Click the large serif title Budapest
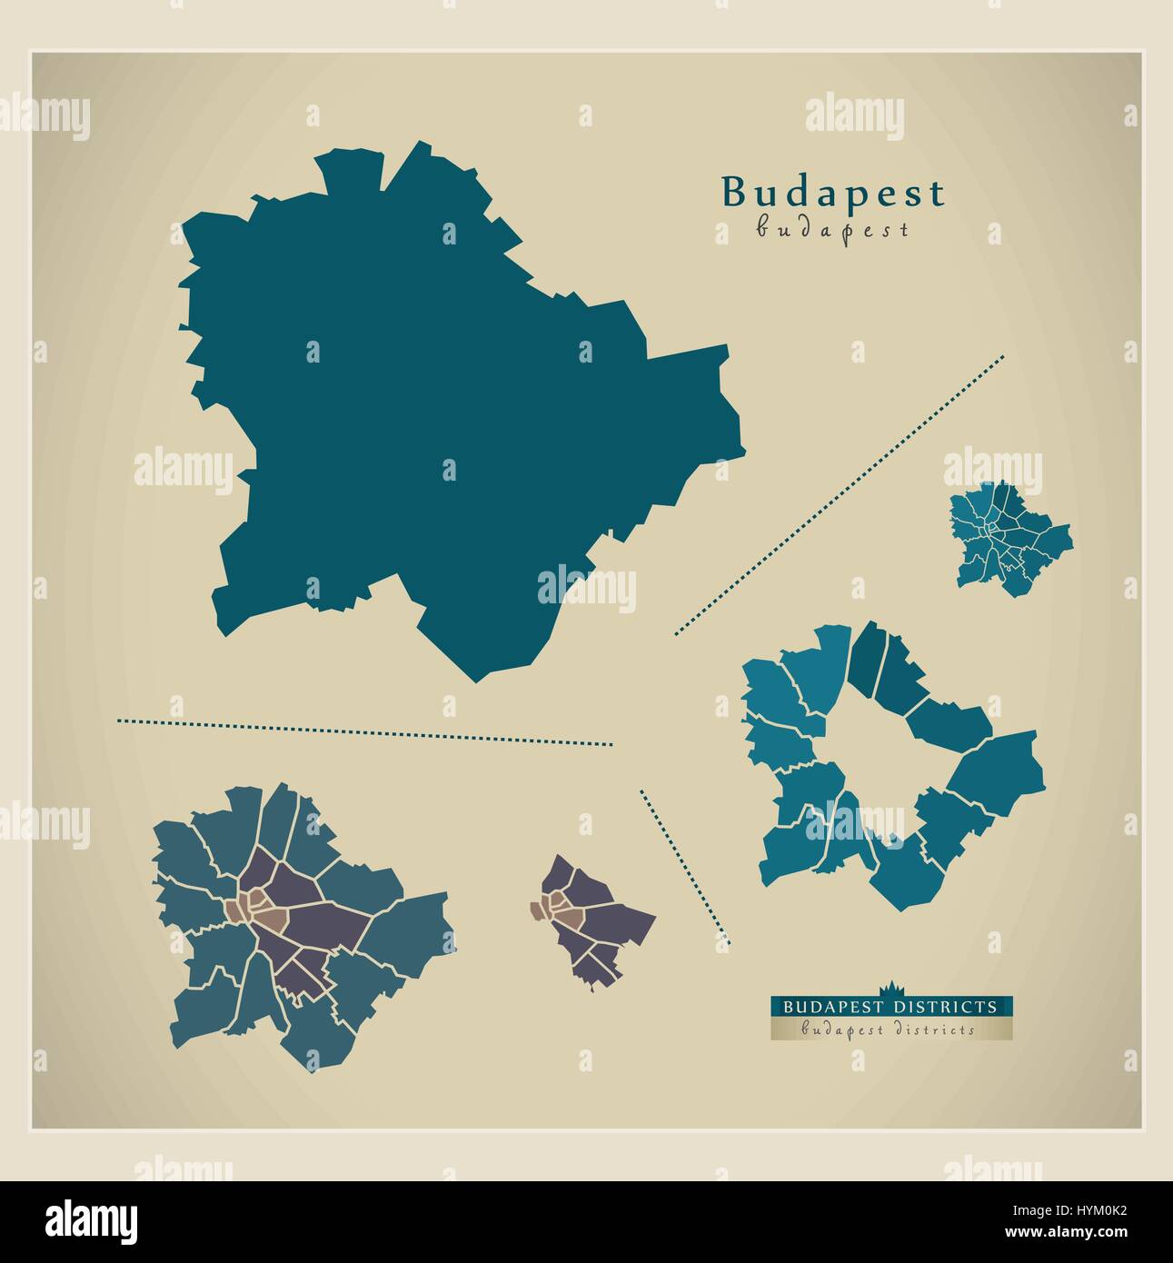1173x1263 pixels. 832,193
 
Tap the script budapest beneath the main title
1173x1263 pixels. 832,229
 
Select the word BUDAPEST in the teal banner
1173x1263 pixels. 830,1007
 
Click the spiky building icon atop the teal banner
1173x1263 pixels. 890,990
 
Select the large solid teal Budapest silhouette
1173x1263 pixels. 454,409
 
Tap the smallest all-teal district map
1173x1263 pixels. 1009,536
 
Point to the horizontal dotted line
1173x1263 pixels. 363,732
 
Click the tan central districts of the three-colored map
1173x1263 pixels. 250,909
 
